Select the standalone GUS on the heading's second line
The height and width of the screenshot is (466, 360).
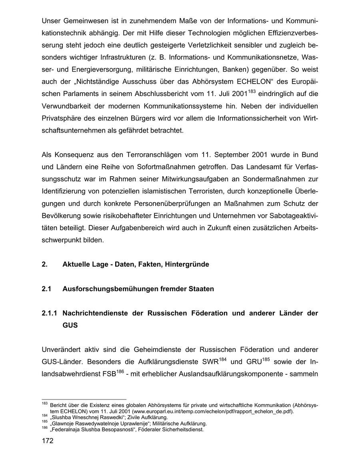70,325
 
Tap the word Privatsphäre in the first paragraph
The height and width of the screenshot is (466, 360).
60,119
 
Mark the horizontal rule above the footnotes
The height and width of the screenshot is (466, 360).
84,399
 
